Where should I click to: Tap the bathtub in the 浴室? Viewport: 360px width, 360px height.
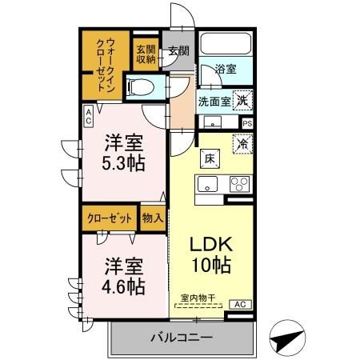click(x=225, y=44)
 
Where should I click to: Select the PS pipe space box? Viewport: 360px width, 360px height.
click(x=246, y=123)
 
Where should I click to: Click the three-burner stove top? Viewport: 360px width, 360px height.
click(x=238, y=184)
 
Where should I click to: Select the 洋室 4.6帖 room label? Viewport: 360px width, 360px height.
click(x=121, y=274)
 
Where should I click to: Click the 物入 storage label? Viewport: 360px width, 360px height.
click(x=152, y=217)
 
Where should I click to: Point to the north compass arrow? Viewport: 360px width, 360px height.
click(x=289, y=338)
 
